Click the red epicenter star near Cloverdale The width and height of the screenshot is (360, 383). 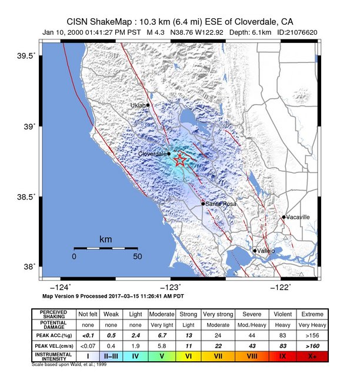coord(181,160)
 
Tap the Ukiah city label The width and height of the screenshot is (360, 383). coord(137,105)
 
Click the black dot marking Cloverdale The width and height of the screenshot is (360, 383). coord(169,154)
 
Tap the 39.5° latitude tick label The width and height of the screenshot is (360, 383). coord(25,56)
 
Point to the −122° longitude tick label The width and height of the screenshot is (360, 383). coord(280,287)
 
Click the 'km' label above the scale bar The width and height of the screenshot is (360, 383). coord(105,240)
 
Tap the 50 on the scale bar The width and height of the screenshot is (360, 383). coord(137,257)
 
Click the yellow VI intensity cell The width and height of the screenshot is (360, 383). coord(189,357)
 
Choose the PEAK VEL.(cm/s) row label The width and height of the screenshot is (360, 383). coord(54,345)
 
